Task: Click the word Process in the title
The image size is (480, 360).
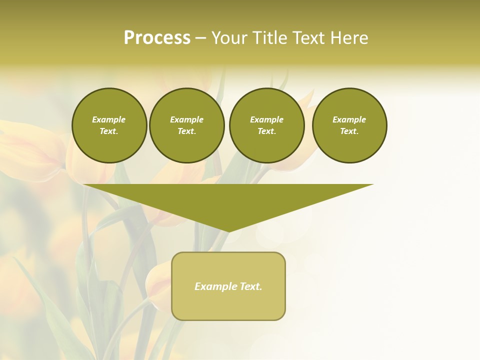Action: [157, 38]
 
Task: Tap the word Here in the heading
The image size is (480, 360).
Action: [348, 38]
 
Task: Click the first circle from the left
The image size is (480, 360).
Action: [109, 125]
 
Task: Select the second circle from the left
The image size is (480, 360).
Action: [186, 125]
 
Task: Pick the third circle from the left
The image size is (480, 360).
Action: [266, 125]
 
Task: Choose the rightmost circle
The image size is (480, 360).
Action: [349, 125]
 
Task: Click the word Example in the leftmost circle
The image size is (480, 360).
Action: [109, 119]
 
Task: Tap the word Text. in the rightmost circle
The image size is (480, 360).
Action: [349, 131]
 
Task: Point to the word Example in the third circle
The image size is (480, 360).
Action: [266, 119]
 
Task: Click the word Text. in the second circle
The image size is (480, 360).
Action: [186, 131]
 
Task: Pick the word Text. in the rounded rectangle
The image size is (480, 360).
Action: [251, 286]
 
